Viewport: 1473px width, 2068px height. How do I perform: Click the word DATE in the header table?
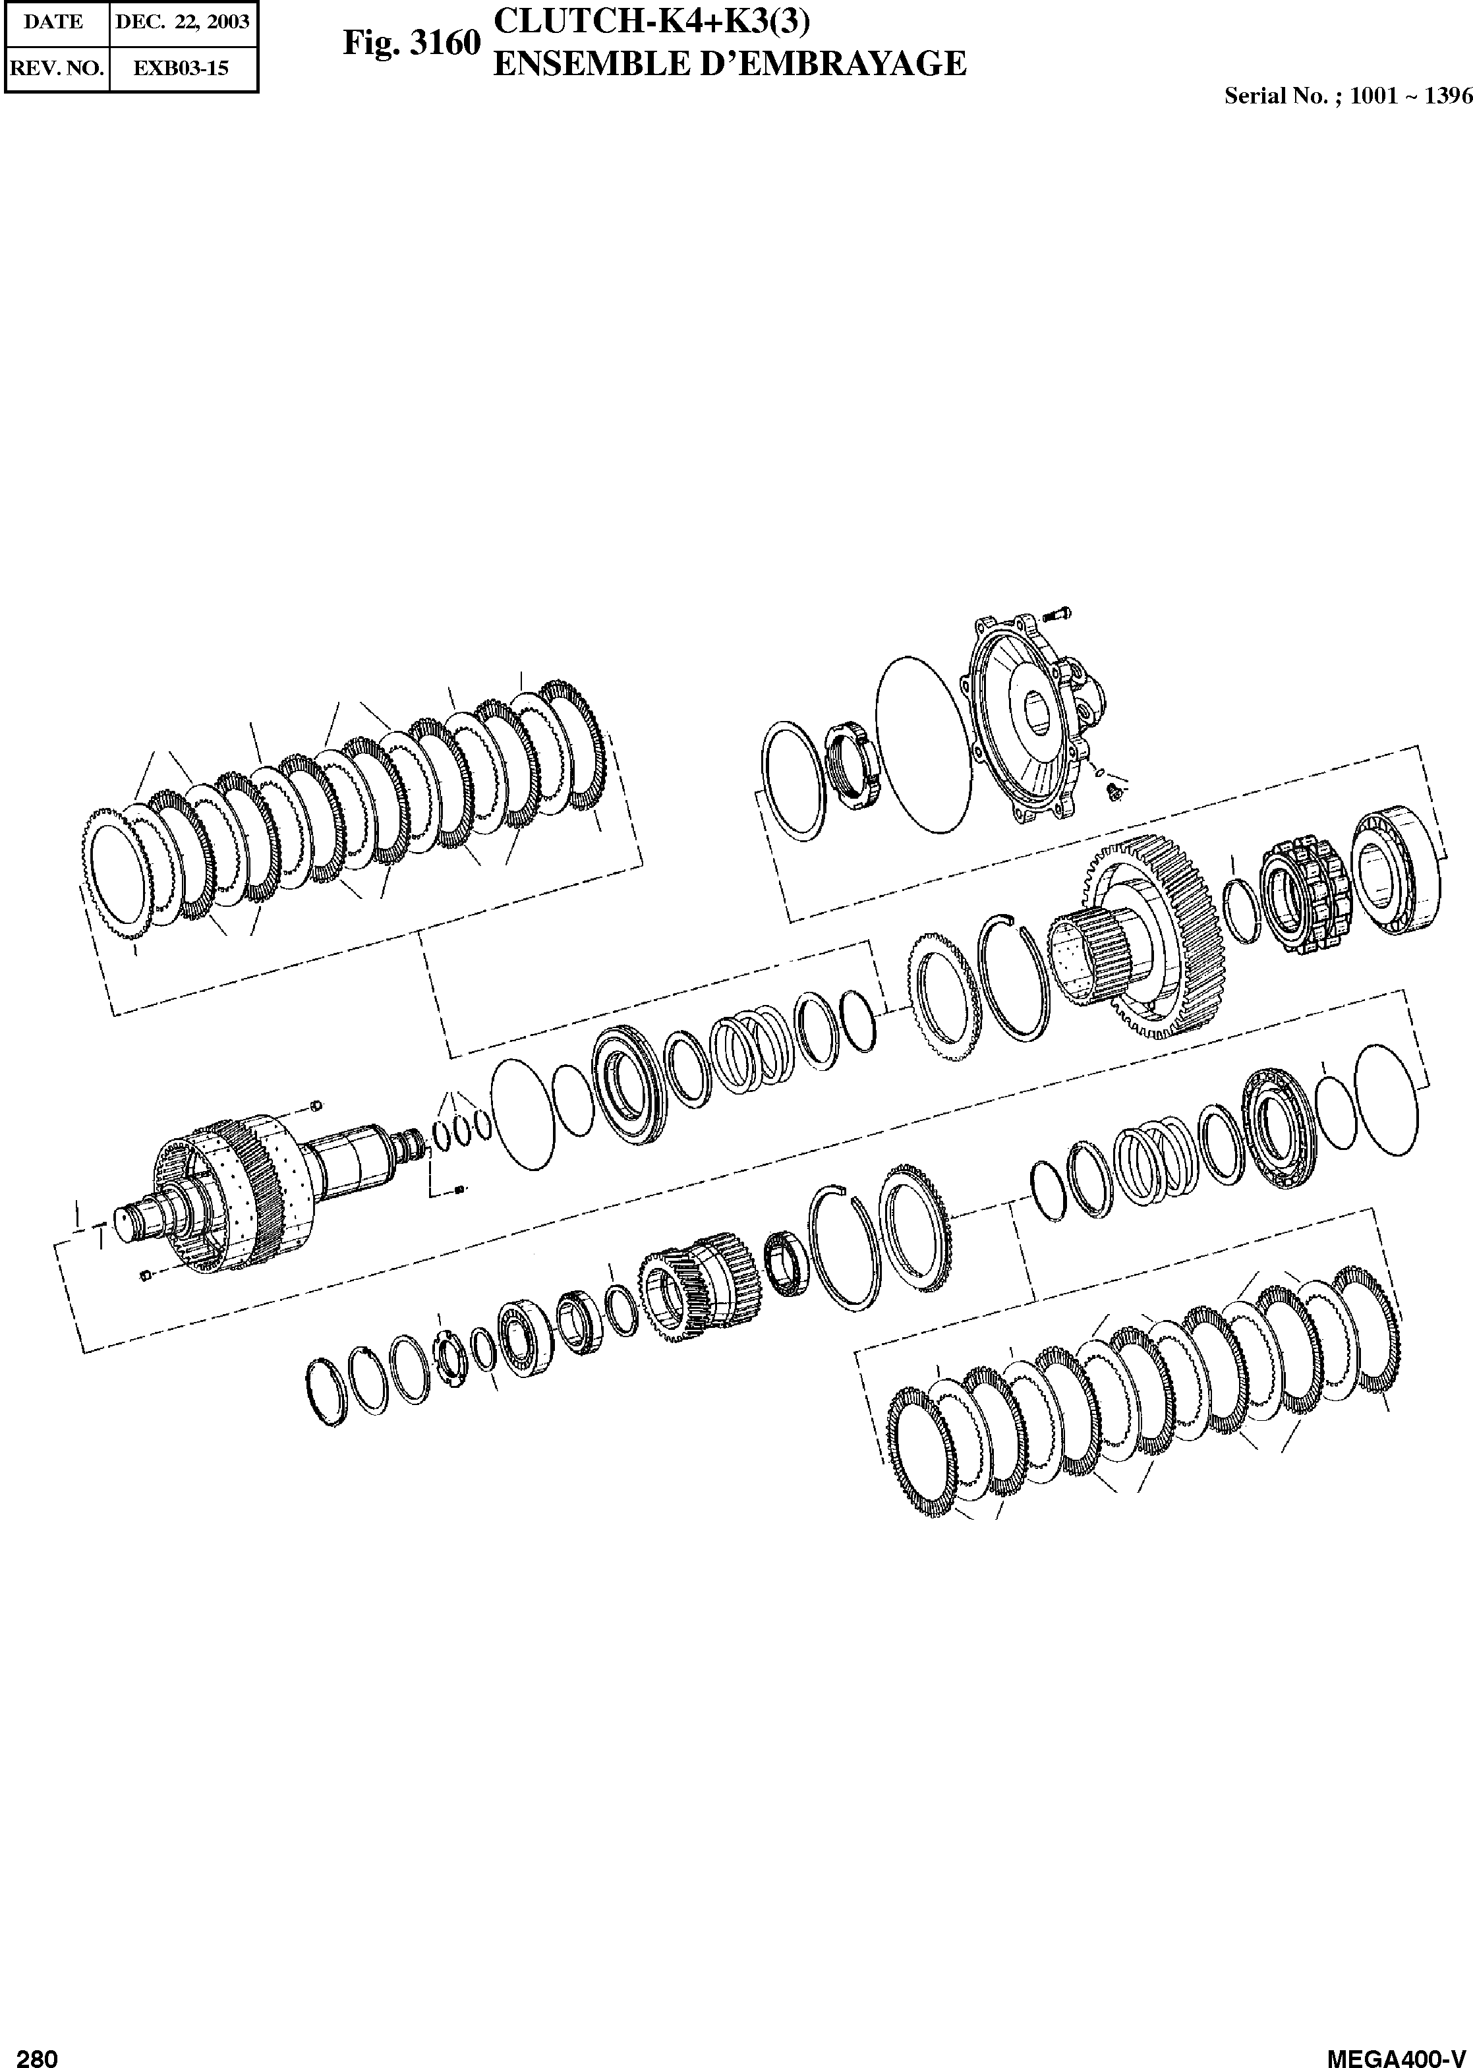click(53, 22)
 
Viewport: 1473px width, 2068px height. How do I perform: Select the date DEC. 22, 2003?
click(183, 22)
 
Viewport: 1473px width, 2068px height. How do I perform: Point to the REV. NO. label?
click(55, 67)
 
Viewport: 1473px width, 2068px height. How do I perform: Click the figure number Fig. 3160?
click(411, 44)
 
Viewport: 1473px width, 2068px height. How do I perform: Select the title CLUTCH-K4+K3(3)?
click(649, 20)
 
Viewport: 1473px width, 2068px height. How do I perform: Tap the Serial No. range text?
click(1348, 96)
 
